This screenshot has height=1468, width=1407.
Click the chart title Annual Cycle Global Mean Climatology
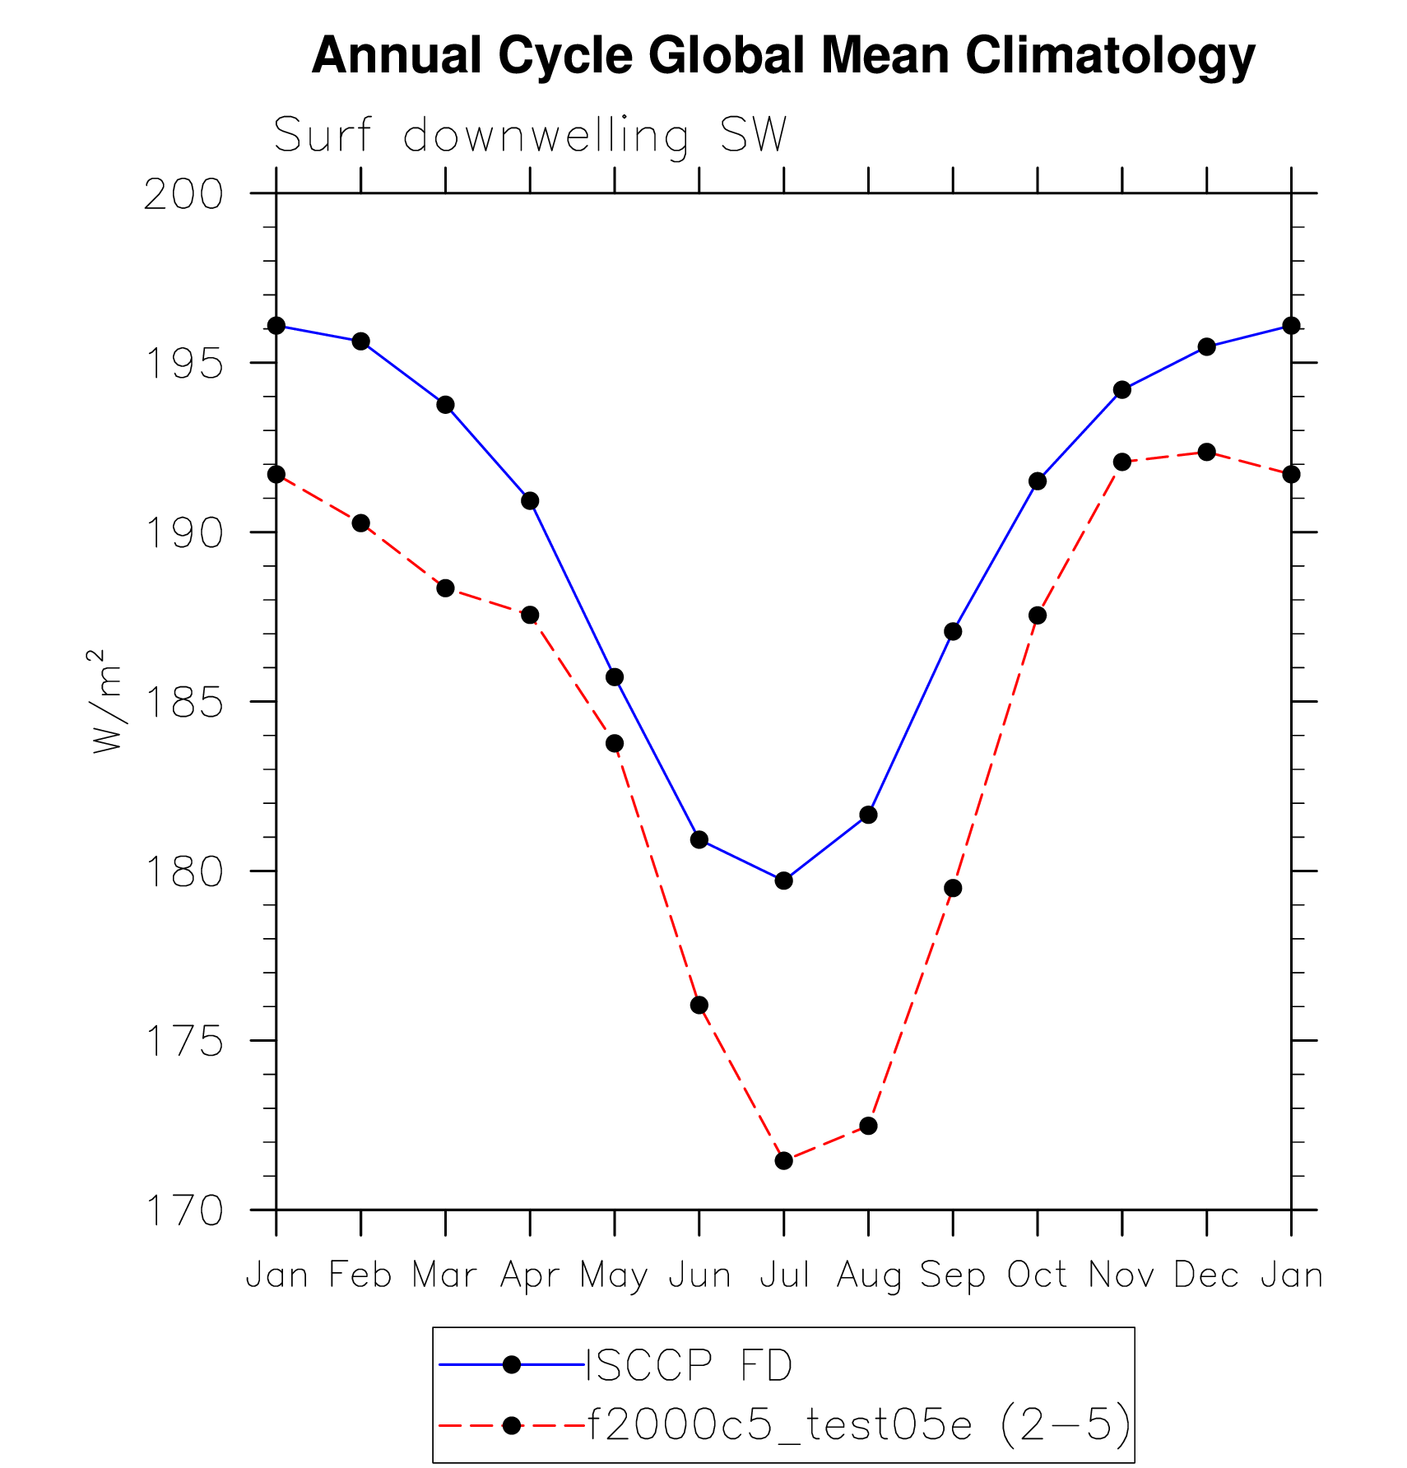[783, 56]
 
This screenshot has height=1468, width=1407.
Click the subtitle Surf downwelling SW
[530, 135]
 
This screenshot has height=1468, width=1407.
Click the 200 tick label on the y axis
[183, 195]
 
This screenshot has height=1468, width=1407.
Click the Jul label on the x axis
[784, 1275]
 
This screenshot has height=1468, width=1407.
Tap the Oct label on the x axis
[1037, 1275]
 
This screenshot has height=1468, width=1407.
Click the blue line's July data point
[783, 880]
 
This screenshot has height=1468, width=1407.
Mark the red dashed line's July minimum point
[783, 1160]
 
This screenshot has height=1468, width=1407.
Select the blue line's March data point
[445, 405]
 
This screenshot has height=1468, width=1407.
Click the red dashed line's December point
[1206, 452]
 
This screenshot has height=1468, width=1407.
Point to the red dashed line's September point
[953, 888]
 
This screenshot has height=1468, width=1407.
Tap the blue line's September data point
[953, 631]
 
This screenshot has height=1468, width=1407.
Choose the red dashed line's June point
[699, 1005]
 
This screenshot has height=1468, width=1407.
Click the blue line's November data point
[1121, 389]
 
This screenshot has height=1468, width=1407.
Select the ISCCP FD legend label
[689, 1365]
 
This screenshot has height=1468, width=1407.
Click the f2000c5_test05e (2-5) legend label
[859, 1424]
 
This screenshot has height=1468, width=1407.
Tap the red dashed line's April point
[530, 615]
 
